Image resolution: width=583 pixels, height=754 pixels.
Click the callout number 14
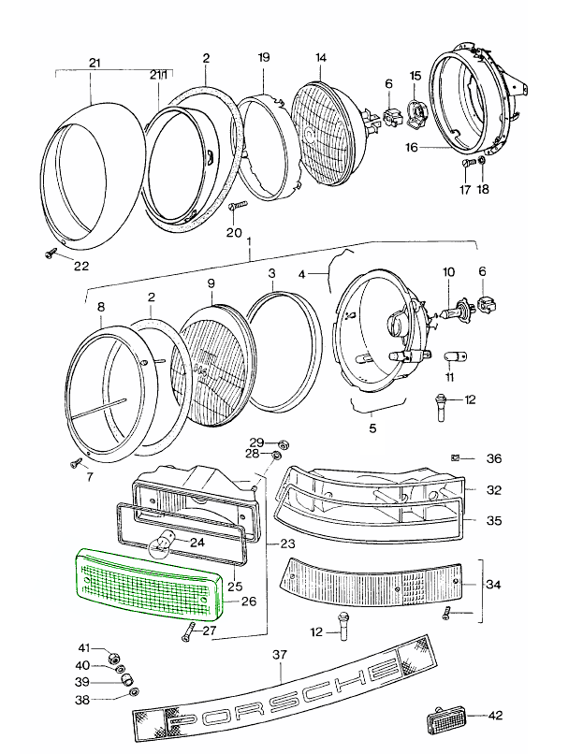[321, 58]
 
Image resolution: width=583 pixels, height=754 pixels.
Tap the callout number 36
[495, 458]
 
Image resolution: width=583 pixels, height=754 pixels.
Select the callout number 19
[264, 58]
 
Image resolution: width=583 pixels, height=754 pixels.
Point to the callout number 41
[82, 647]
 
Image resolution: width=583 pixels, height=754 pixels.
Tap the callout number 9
[211, 283]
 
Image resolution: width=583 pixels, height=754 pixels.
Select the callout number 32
[495, 489]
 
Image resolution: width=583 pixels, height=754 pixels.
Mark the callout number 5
[372, 429]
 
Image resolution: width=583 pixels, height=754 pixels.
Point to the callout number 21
[95, 63]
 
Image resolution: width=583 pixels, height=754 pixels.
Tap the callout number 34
[495, 586]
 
